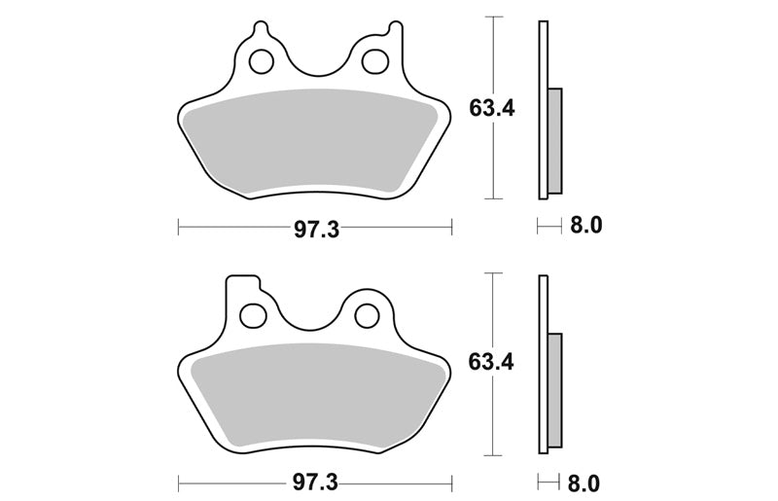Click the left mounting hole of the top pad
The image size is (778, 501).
click(x=262, y=61)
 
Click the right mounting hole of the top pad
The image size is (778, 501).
click(x=374, y=61)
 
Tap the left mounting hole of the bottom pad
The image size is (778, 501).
click(x=252, y=315)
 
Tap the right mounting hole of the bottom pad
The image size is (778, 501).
click(x=368, y=315)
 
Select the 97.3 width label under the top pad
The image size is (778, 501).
click(x=317, y=230)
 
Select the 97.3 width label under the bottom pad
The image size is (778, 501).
click(x=315, y=483)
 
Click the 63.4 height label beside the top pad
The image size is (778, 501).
click(x=492, y=108)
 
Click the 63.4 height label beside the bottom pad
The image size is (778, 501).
click(x=491, y=362)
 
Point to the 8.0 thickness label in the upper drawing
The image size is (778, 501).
click(x=585, y=226)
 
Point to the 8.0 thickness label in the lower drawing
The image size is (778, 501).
click(x=583, y=483)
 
